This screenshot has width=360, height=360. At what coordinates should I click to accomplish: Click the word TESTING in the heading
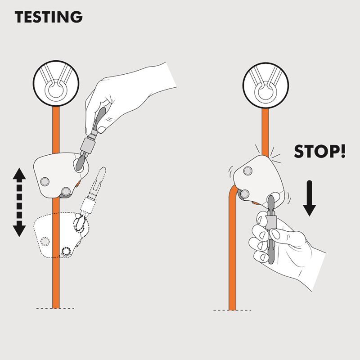tap(49, 17)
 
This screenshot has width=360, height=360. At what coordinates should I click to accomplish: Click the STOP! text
tap(319, 152)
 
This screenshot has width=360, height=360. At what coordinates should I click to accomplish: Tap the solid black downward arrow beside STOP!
tap(309, 198)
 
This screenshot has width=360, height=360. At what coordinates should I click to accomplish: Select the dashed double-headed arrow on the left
tap(19, 202)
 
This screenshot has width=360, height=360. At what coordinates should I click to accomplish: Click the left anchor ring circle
tap(56, 83)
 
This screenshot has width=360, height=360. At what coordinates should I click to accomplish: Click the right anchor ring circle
tap(265, 85)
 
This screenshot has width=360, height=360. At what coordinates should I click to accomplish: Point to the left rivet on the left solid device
tap(45, 182)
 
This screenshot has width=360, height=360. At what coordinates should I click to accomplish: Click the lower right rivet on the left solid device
tap(66, 191)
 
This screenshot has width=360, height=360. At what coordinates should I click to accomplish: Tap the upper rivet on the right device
tap(247, 171)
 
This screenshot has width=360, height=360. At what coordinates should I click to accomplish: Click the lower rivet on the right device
tap(245, 194)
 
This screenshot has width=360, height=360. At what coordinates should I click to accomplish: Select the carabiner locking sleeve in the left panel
tap(88, 145)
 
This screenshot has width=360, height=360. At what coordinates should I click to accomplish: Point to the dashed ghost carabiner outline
tap(92, 195)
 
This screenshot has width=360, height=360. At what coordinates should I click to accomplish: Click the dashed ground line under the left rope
tap(55, 308)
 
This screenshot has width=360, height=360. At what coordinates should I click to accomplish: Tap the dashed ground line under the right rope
tap(232, 310)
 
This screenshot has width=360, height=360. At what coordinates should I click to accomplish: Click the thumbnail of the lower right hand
tap(275, 234)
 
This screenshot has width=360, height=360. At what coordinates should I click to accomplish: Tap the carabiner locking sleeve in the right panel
tap(271, 220)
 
